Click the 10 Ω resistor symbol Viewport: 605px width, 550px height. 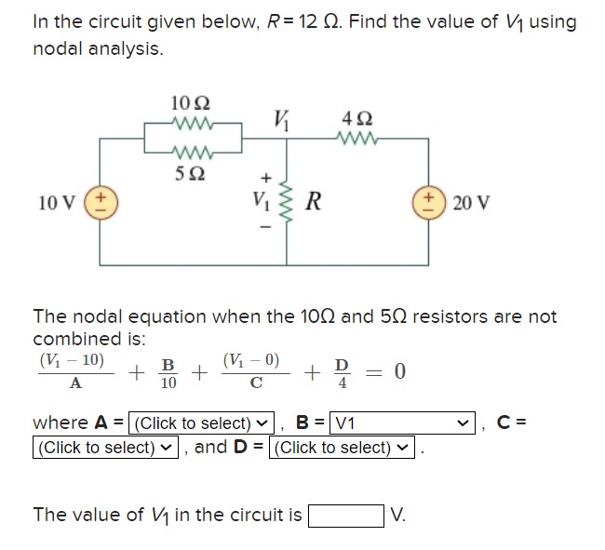[194, 121]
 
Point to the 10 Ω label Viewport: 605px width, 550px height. [192, 101]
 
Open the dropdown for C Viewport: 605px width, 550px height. [104, 448]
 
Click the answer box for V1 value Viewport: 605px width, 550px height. [346, 515]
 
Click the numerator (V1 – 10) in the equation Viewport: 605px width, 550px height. [72, 360]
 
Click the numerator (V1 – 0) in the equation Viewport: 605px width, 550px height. [251, 360]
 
